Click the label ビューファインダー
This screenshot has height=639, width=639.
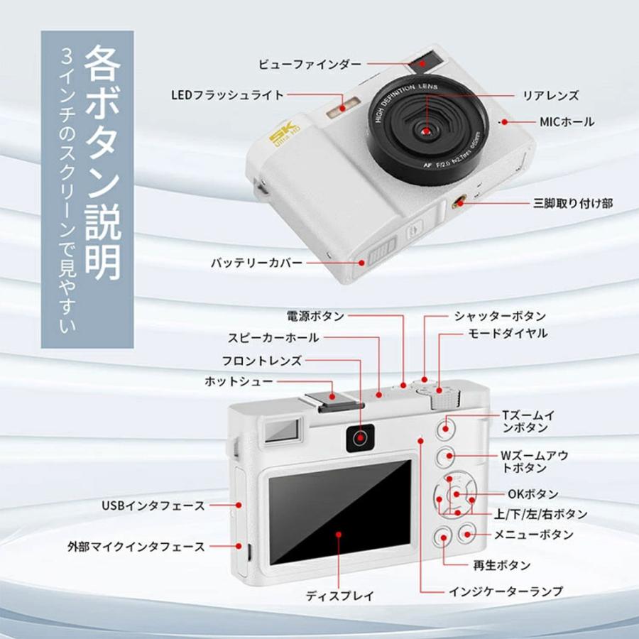pyautogui.click(x=310, y=65)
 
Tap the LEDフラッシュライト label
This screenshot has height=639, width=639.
pyautogui.click(x=227, y=95)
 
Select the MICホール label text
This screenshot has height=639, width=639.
pyautogui.click(x=567, y=121)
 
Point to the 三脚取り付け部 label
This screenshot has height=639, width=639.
pyautogui.click(x=573, y=203)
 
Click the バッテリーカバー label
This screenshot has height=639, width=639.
pyautogui.click(x=256, y=263)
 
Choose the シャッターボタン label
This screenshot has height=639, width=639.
pyautogui.click(x=500, y=316)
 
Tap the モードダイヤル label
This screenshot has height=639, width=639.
pyautogui.click(x=508, y=334)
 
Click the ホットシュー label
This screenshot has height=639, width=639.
pyautogui.click(x=239, y=381)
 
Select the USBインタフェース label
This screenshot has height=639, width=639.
pyautogui.click(x=153, y=506)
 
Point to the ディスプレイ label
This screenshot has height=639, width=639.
pyautogui.click(x=340, y=596)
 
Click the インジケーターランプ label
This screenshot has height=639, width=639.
pyautogui.click(x=506, y=591)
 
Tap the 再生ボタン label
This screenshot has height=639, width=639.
pyautogui.click(x=502, y=565)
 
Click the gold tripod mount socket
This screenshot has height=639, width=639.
pyautogui.click(x=459, y=202)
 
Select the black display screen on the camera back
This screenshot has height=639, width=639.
pyautogui.click(x=340, y=511)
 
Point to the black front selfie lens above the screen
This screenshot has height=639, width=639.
pyautogui.click(x=360, y=438)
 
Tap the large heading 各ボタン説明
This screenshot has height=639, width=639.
pyautogui.click(x=102, y=162)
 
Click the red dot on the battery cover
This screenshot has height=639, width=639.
pyautogui.click(x=361, y=263)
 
